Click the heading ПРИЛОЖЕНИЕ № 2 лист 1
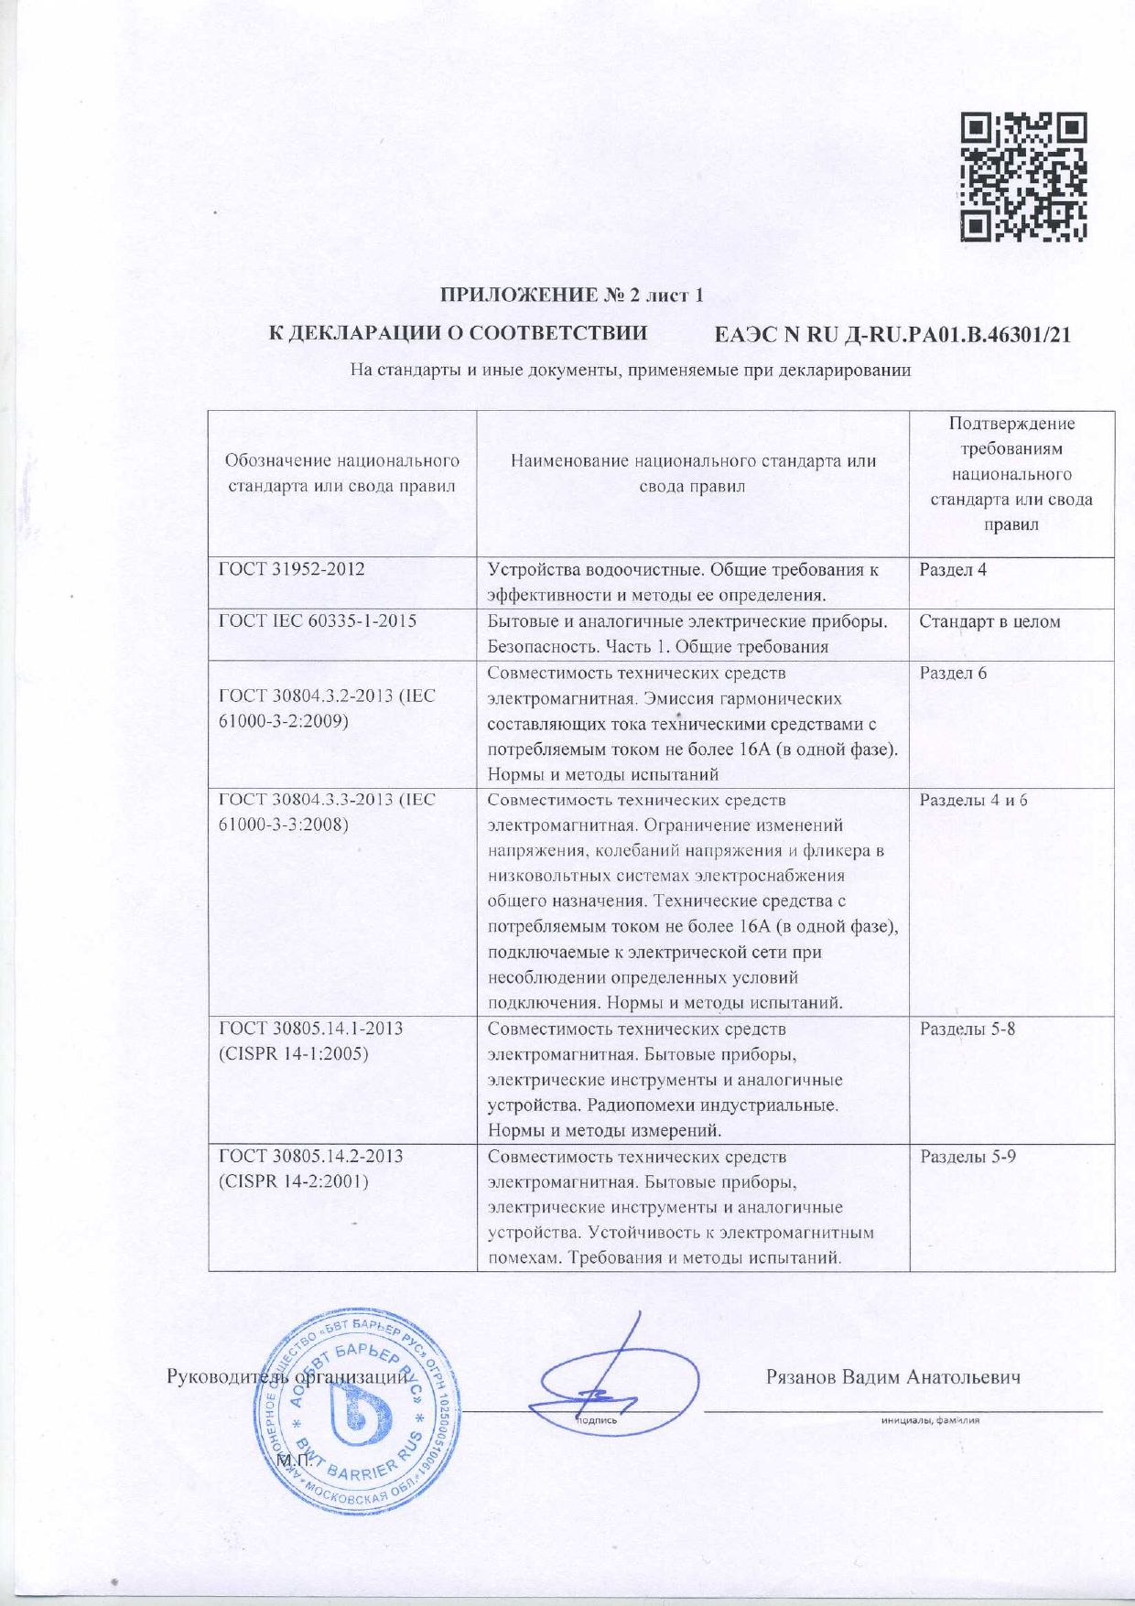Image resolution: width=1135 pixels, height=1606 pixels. click(x=573, y=296)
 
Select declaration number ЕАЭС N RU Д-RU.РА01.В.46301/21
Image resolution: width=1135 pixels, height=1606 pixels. click(x=892, y=335)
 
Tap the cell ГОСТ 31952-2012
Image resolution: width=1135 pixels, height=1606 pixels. click(x=291, y=569)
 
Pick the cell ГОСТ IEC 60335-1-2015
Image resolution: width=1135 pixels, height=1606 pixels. click(x=317, y=621)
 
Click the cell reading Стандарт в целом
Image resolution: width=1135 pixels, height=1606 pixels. click(x=989, y=622)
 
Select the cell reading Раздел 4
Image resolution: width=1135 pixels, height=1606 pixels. click(x=953, y=570)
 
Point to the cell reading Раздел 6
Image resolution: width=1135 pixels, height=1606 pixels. click(x=953, y=674)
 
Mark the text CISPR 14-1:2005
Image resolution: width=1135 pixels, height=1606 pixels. click(x=294, y=1053)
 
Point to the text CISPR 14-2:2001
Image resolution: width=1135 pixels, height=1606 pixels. click(x=294, y=1181)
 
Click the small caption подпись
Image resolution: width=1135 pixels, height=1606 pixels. click(x=597, y=1421)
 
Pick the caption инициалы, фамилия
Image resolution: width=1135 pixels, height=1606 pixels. click(x=930, y=1421)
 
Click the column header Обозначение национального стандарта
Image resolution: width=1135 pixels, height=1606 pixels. click(x=342, y=473)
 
